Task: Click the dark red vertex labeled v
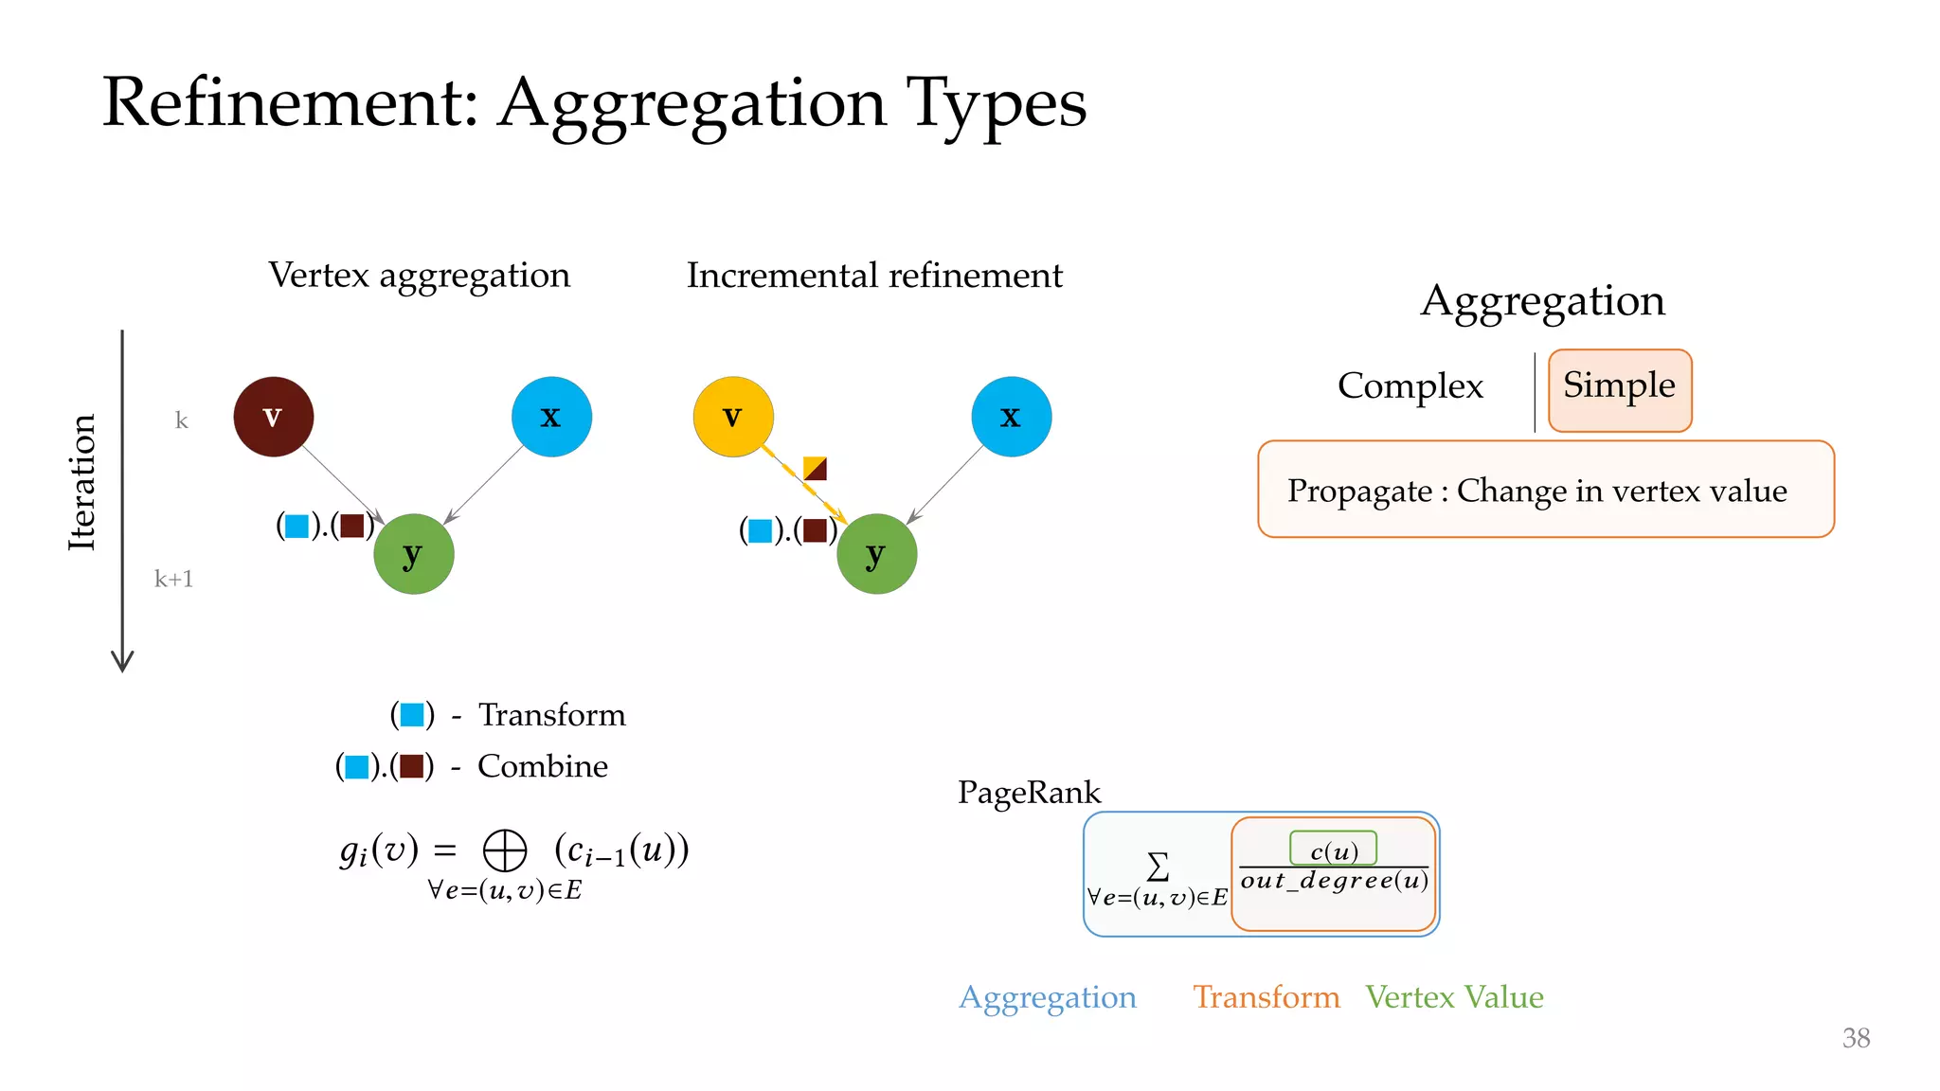pyautogui.click(x=273, y=417)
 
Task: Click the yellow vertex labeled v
pyautogui.click(x=733, y=417)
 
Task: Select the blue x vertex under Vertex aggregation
pyautogui.click(x=551, y=417)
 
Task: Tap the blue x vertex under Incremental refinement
pyautogui.click(x=1011, y=417)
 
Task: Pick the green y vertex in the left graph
pyautogui.click(x=413, y=554)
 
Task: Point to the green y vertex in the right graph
pyautogui.click(x=876, y=554)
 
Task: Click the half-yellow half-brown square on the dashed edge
pyautogui.click(x=815, y=468)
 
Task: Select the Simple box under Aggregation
pyautogui.click(x=1619, y=389)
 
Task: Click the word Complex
pyautogui.click(x=1410, y=385)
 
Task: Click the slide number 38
pyautogui.click(x=1855, y=1038)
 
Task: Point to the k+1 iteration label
pyautogui.click(x=174, y=579)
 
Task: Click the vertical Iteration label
pyautogui.click(x=82, y=482)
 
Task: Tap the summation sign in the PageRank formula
pyautogui.click(x=1158, y=866)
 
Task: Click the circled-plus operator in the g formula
pyautogui.click(x=504, y=850)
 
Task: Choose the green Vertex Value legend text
pyautogui.click(x=1454, y=997)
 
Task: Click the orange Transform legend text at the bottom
pyautogui.click(x=1266, y=997)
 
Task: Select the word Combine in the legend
pyautogui.click(x=542, y=766)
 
